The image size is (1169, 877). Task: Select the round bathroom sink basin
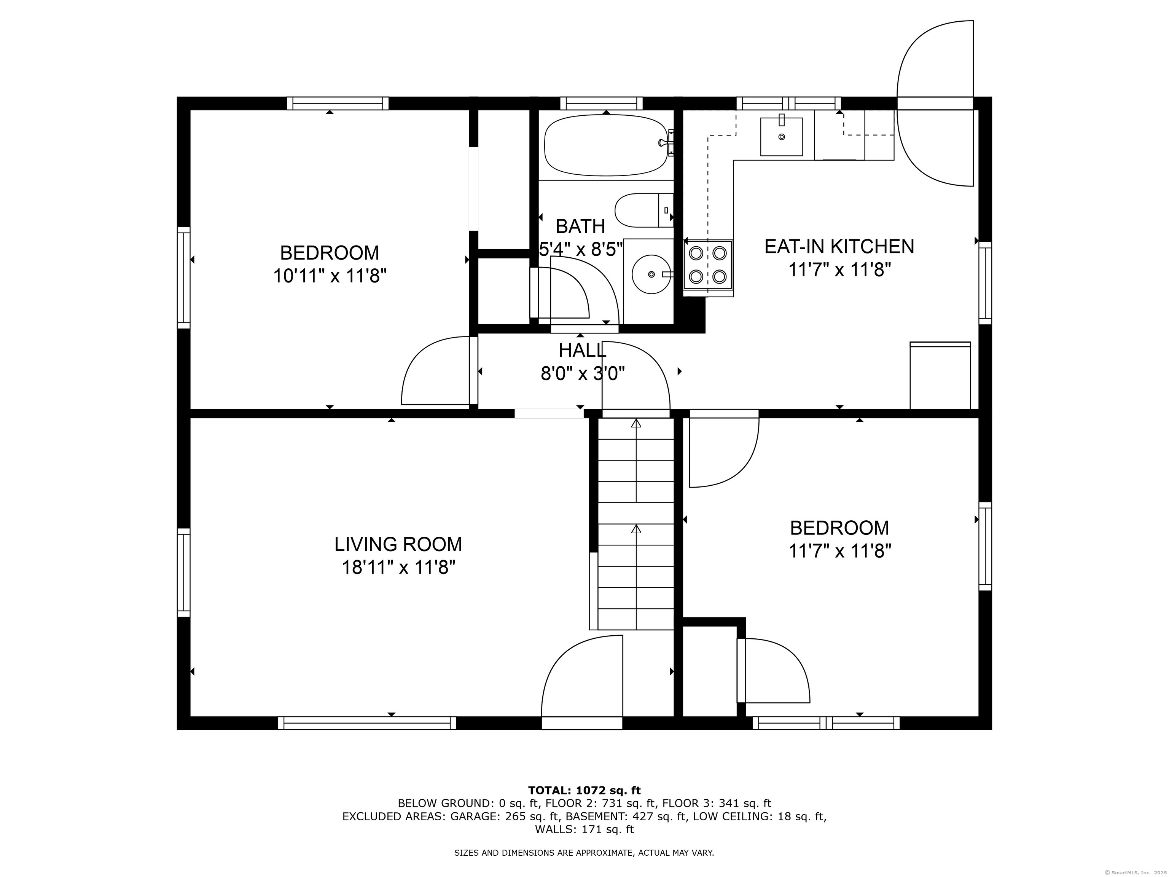click(651, 274)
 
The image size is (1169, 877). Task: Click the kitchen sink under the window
click(781, 136)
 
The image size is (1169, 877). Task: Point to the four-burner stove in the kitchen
click(708, 265)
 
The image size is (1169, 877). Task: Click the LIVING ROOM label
click(398, 544)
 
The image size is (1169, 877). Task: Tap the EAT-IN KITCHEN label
click(839, 246)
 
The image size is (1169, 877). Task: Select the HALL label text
click(582, 350)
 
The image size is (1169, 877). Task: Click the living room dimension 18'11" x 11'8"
click(398, 568)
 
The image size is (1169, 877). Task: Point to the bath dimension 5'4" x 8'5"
click(581, 249)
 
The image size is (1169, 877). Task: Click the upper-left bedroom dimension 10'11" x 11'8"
click(330, 276)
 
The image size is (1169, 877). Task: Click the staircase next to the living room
click(636, 523)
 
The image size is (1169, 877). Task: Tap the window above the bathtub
click(601, 103)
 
